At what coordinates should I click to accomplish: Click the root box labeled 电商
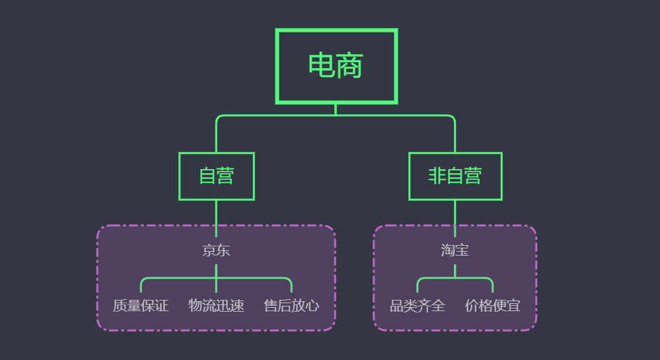[336, 66]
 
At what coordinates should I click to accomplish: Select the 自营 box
[216, 176]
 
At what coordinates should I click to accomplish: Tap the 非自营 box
[455, 176]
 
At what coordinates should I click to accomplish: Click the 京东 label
[216, 251]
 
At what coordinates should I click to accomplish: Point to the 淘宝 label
[455, 251]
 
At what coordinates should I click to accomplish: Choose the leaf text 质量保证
[141, 306]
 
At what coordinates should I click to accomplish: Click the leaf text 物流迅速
[216, 306]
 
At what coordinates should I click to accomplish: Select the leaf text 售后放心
[291, 306]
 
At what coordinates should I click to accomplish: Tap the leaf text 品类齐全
[417, 306]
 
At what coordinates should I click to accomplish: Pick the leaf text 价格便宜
[492, 306]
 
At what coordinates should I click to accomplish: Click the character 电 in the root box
[322, 66]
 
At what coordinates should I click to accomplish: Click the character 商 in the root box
[349, 66]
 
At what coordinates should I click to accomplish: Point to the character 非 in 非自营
[437, 176]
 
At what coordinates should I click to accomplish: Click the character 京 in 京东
[209, 251]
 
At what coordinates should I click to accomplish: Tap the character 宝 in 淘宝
[462, 251]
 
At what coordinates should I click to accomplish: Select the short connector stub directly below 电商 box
[336, 109]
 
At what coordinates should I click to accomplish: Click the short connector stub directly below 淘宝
[455, 270]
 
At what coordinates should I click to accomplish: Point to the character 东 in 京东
[223, 251]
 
